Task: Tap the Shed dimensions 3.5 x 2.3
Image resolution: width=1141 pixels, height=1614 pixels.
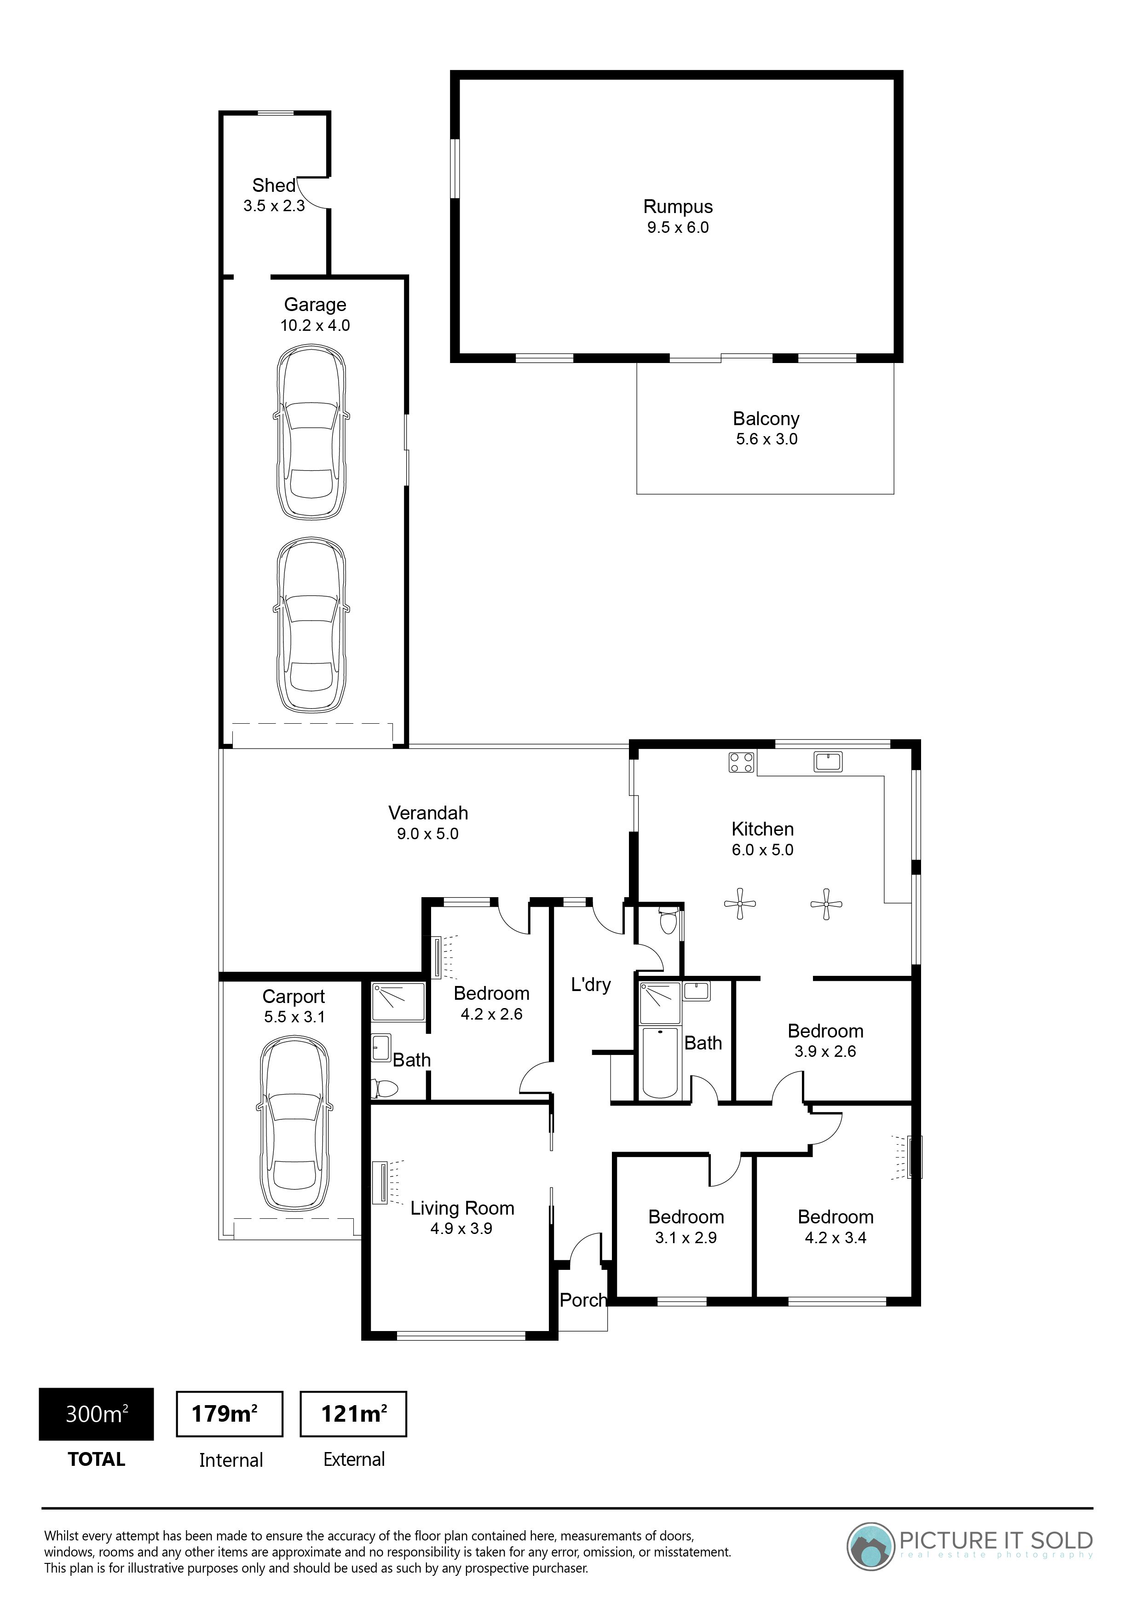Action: [x=274, y=206]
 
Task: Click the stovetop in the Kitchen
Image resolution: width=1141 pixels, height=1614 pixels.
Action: [x=742, y=763]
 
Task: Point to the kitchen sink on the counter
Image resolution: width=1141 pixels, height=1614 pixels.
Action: [x=828, y=761]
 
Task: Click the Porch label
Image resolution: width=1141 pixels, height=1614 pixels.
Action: [x=583, y=1301]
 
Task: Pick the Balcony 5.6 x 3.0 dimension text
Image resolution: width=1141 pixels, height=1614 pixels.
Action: [x=766, y=439]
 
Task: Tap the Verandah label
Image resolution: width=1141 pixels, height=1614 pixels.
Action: [x=428, y=813]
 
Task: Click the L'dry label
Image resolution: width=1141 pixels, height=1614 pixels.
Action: [x=591, y=985]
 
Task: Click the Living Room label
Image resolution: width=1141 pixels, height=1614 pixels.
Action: [x=462, y=1208]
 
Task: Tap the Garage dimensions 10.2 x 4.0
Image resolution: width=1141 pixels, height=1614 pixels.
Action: [x=315, y=325]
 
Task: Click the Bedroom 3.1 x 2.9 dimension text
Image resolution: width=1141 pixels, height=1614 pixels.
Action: [x=686, y=1238]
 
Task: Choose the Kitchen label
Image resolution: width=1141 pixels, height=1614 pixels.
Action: [x=763, y=830]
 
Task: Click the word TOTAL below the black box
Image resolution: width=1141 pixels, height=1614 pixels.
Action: [x=96, y=1460]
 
